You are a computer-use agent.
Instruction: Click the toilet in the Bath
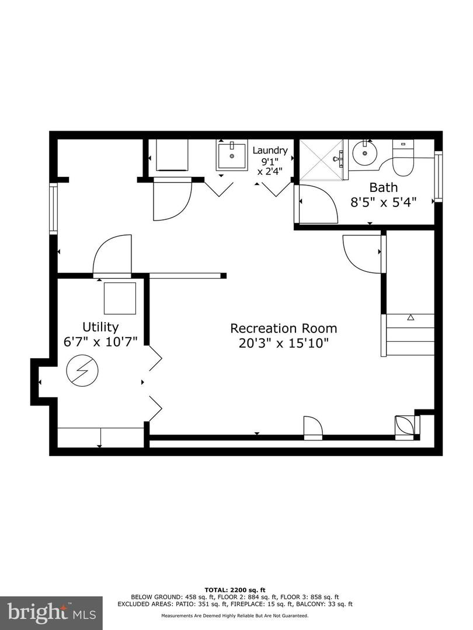pyautogui.click(x=402, y=160)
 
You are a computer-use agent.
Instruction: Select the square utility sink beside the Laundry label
pyautogui.click(x=231, y=155)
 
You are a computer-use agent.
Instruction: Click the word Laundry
pyautogui.click(x=270, y=150)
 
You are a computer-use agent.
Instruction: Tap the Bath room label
pyautogui.click(x=384, y=188)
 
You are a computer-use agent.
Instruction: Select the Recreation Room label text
pyautogui.click(x=283, y=328)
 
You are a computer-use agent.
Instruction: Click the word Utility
pyautogui.click(x=100, y=327)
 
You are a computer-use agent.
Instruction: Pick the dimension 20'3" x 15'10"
pyautogui.click(x=284, y=343)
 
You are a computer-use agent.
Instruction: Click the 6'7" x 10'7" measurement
pyautogui.click(x=100, y=341)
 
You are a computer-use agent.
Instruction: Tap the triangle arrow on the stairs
pyautogui.click(x=411, y=317)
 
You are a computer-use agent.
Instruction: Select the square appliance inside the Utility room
pyautogui.click(x=120, y=298)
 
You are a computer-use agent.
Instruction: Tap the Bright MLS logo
pyautogui.click(x=51, y=612)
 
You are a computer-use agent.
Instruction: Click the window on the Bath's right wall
pyautogui.click(x=439, y=176)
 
